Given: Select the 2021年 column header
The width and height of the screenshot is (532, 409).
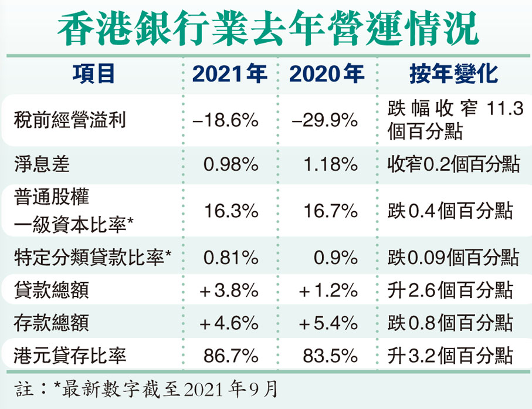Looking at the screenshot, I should (x=230, y=74).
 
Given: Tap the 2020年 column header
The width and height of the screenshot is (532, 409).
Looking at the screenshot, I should (x=326, y=74).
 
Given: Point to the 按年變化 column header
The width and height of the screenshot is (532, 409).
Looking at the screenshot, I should (x=453, y=74).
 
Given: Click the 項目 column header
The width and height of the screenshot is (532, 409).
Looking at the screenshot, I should (x=93, y=74).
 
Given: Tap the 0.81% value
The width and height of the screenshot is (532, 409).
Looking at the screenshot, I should (x=231, y=256).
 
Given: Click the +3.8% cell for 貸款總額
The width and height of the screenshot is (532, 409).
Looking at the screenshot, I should (x=229, y=289).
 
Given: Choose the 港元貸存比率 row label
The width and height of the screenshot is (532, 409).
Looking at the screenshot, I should (x=69, y=355).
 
